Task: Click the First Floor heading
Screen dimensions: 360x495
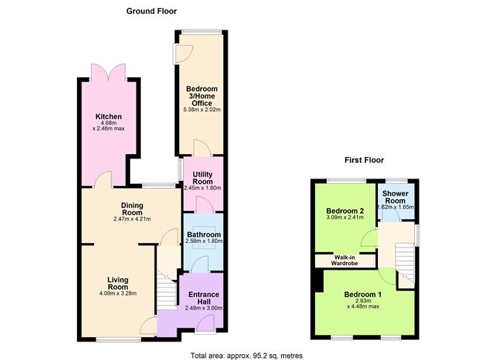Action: tap(363, 160)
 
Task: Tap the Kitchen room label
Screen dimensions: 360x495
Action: tap(108, 117)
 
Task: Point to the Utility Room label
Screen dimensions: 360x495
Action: tap(203, 177)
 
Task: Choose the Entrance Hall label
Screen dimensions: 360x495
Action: tap(202, 297)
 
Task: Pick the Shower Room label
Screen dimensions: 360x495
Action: tap(395, 196)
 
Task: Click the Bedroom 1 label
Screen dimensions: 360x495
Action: tap(363, 294)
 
